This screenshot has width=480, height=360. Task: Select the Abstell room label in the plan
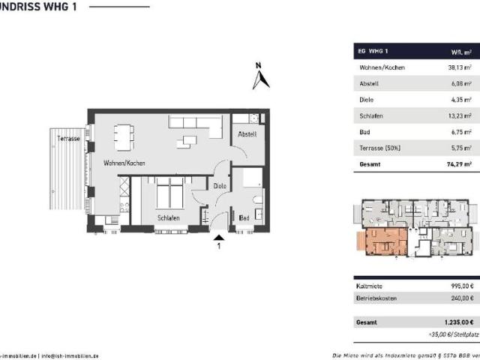[247, 134]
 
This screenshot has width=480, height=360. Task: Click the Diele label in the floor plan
[220, 185]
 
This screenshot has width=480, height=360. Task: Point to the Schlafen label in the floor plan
[168, 218]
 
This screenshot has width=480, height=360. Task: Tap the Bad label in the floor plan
[244, 218]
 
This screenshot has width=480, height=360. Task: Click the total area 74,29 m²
[457, 163]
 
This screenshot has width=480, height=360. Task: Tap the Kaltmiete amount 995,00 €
[460, 285]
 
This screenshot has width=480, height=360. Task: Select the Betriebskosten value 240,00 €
[460, 298]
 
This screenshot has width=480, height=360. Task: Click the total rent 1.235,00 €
[458, 322]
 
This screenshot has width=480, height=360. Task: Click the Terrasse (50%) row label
[381, 148]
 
